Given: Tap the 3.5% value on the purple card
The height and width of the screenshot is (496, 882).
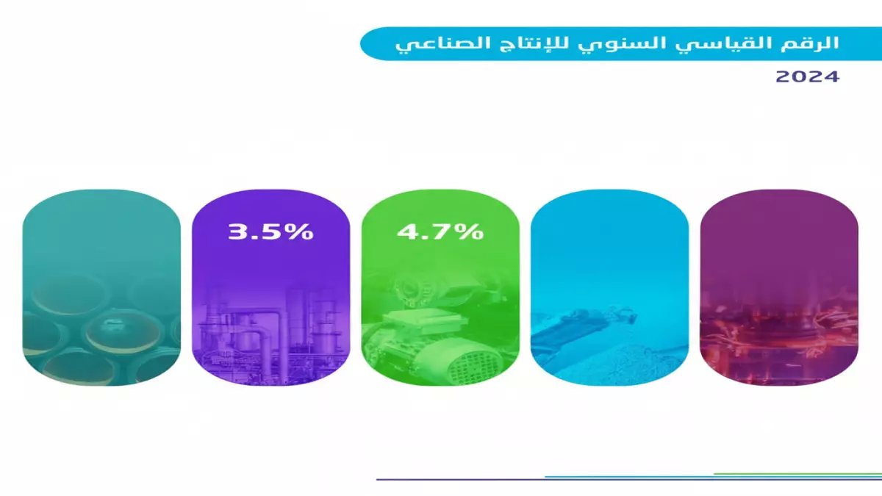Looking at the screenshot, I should click(x=271, y=231).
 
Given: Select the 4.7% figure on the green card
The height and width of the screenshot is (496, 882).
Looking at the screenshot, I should click(x=440, y=231).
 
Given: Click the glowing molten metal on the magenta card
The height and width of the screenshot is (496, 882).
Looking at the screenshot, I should click(x=779, y=334).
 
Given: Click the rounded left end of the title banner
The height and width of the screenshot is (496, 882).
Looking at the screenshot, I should click(x=371, y=44).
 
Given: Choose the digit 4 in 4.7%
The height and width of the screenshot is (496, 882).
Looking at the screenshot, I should click(x=407, y=231).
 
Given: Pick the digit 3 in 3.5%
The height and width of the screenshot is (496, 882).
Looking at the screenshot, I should click(x=238, y=231).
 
